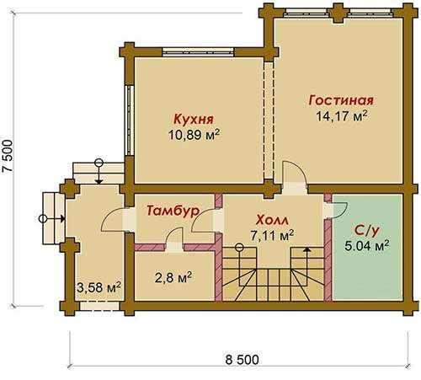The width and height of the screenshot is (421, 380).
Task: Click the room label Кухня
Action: click(x=194, y=119)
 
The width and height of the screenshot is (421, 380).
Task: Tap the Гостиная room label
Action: click(x=341, y=100)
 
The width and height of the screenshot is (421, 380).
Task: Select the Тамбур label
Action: click(x=173, y=211)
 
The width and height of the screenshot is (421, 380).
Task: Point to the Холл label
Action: click(x=272, y=220)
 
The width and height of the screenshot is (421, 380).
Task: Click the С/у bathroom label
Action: click(x=367, y=230)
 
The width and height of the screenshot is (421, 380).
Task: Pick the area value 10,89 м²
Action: click(x=194, y=135)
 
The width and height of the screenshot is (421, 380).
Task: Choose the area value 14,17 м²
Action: click(x=342, y=115)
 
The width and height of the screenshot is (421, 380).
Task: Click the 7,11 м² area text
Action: click(x=272, y=235)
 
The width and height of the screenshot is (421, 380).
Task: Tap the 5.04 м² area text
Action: click(x=367, y=246)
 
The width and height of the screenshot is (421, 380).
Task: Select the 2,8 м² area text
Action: click(x=173, y=277)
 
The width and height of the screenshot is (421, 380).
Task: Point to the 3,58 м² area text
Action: click(x=99, y=287)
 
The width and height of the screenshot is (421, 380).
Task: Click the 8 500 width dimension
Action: click(x=242, y=360)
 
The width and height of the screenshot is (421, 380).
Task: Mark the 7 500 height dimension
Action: click(x=8, y=156)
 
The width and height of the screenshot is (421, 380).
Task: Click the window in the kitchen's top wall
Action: click(x=198, y=52)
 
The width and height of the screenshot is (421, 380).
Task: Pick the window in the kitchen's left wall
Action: click(x=129, y=120)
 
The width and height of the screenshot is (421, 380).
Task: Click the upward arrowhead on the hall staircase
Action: click(x=307, y=249)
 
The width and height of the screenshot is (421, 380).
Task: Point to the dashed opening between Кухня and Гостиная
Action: click(x=269, y=120)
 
